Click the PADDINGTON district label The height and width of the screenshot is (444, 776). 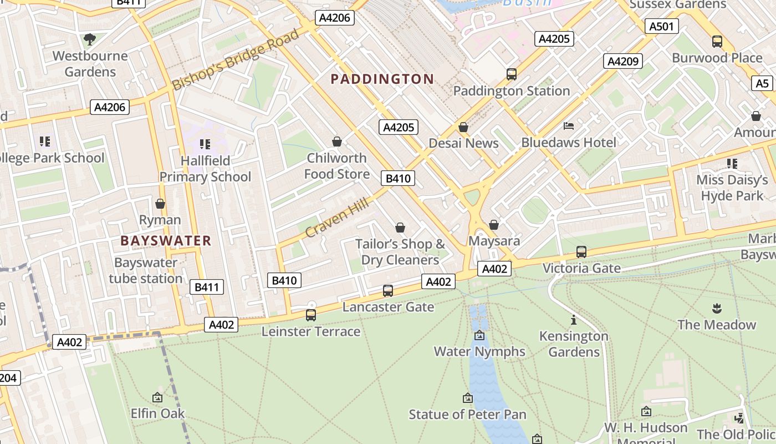pyautogui.click(x=382, y=79)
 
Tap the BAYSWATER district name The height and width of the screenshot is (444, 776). pyautogui.click(x=166, y=241)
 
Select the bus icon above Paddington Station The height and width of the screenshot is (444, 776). pyautogui.click(x=512, y=74)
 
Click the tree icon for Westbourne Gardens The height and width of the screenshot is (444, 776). pyautogui.click(x=89, y=39)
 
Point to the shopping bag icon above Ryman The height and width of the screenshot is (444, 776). pyautogui.click(x=160, y=204)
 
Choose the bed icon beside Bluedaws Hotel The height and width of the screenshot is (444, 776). pyautogui.click(x=569, y=126)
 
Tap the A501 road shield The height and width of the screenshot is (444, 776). pyautogui.click(x=661, y=26)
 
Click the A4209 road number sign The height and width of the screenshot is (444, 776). pyautogui.click(x=623, y=61)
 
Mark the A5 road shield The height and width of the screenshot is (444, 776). pyautogui.click(x=763, y=83)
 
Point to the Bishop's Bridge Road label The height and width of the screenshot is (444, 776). pyautogui.click(x=236, y=60)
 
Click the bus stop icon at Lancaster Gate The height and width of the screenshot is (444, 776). pyautogui.click(x=388, y=290)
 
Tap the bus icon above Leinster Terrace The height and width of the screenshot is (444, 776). pyautogui.click(x=311, y=315)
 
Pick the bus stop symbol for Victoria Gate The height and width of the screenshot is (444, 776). pyautogui.click(x=581, y=252)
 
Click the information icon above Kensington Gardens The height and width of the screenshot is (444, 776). pyautogui.click(x=574, y=320)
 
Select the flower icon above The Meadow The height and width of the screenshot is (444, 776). pyautogui.click(x=717, y=308)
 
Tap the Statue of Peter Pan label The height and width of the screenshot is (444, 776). pyautogui.click(x=467, y=415)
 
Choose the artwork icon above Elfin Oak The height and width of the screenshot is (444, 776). pyautogui.click(x=157, y=397)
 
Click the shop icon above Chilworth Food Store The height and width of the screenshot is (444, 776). pyautogui.click(x=336, y=142)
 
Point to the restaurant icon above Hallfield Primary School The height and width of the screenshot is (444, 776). pyautogui.click(x=205, y=144)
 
